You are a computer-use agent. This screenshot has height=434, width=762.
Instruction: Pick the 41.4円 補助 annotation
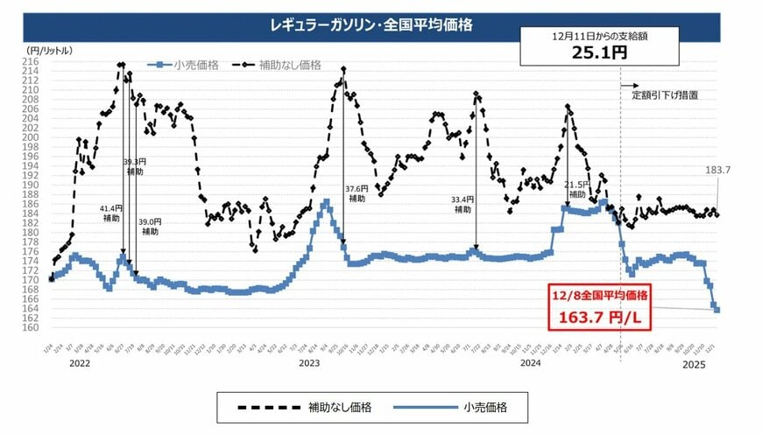pos(112,213)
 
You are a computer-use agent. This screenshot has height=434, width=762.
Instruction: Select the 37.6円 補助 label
pos(356,193)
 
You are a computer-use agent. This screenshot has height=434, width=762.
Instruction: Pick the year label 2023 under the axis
pos(308,362)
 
